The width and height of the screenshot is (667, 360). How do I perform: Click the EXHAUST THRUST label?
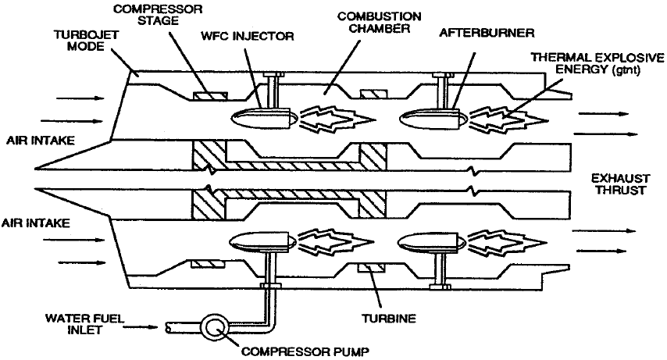tap(619, 184)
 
